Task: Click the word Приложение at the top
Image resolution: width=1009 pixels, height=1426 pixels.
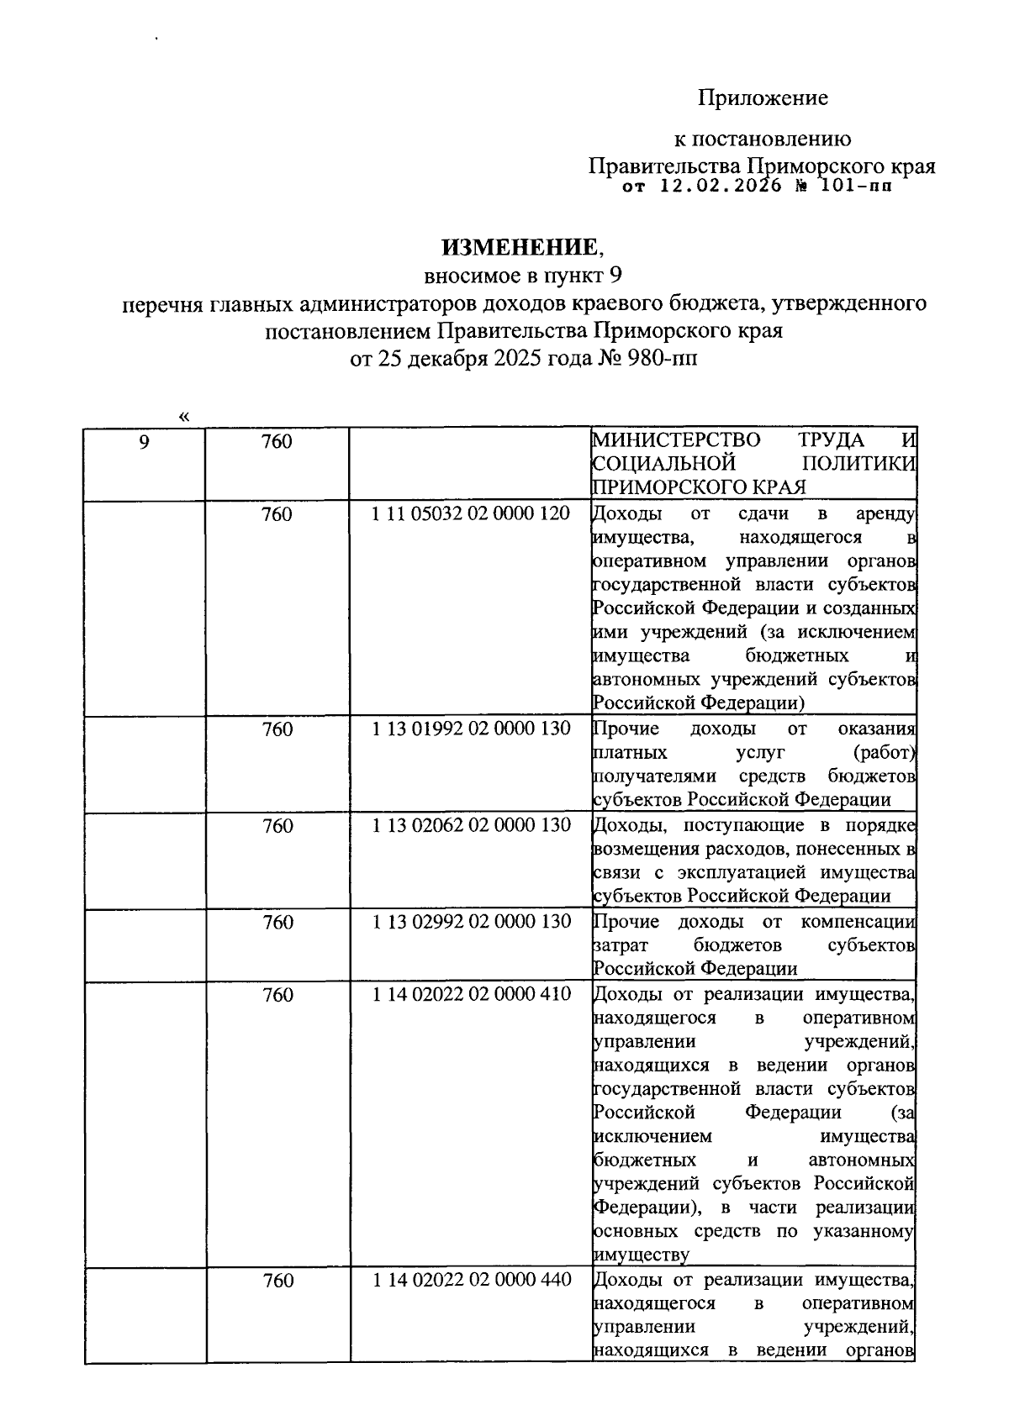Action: tap(763, 98)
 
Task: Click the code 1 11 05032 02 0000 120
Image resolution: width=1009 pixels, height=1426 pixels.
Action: tap(471, 513)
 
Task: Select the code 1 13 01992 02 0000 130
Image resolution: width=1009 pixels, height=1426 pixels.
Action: tap(471, 729)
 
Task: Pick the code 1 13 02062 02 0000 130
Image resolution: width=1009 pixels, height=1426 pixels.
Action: tap(471, 825)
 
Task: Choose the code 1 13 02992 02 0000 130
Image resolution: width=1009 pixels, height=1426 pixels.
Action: tap(471, 922)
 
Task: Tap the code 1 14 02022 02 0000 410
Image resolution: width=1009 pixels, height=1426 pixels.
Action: tap(471, 994)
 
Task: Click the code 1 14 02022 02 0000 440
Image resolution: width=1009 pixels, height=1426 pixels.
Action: tap(471, 1280)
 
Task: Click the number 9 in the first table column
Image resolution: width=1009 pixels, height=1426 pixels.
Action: tap(145, 441)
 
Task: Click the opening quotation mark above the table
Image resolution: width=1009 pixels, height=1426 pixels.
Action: tap(184, 416)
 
